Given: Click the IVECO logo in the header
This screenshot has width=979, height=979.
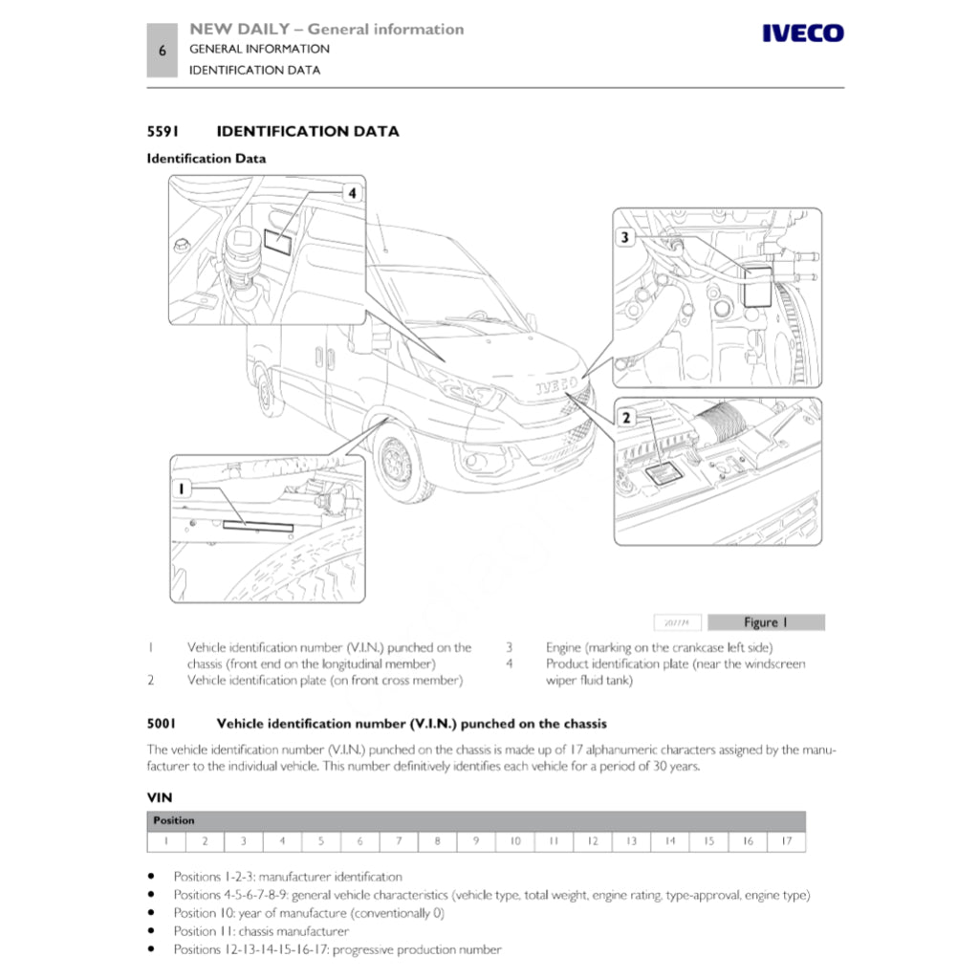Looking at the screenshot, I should (802, 34).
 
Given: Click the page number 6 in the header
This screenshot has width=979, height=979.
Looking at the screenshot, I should (163, 52).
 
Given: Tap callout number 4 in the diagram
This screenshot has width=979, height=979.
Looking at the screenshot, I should (352, 194).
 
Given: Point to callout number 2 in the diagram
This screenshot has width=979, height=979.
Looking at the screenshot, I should (626, 417).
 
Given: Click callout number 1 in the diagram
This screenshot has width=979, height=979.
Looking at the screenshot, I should (183, 489).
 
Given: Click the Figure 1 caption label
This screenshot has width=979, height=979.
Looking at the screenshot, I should (765, 622).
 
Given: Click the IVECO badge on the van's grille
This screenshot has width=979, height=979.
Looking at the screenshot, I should (555, 385).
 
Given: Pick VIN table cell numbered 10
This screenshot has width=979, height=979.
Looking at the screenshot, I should (515, 841).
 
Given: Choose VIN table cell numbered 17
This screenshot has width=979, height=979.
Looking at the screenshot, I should (786, 841).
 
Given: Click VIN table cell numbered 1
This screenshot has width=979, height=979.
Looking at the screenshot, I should (166, 841).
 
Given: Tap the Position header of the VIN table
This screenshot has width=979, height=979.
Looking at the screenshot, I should (174, 820).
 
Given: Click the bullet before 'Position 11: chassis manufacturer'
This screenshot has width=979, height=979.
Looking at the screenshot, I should (152, 931).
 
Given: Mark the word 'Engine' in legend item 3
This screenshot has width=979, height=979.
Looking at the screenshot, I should (563, 647).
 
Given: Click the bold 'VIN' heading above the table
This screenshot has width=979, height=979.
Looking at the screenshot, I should (159, 795).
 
